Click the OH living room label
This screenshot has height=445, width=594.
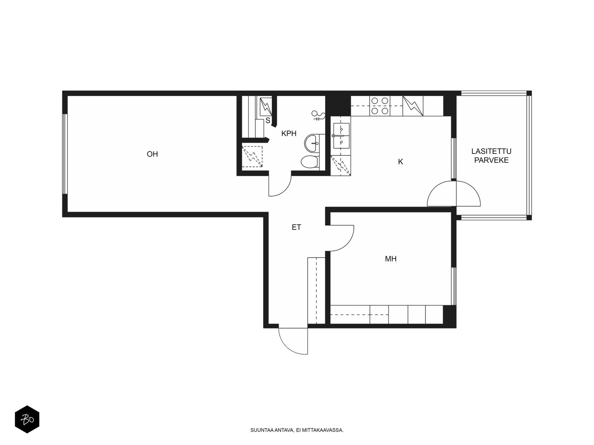(152, 154)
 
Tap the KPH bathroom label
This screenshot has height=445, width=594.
(289, 133)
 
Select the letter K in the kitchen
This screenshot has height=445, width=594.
(400, 162)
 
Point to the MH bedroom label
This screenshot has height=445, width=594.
(391, 259)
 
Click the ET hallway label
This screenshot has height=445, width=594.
(296, 228)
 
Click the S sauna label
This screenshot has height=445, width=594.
(268, 121)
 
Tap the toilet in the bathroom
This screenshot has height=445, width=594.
(309, 162)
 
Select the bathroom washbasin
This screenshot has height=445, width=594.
(312, 142)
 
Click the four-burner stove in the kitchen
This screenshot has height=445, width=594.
(380, 106)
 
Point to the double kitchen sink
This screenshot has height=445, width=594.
(340, 136)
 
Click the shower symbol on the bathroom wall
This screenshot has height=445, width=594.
(317, 116)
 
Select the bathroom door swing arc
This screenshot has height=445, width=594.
(280, 185)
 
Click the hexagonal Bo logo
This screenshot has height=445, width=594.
(27, 420)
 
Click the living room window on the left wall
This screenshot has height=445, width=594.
(65, 154)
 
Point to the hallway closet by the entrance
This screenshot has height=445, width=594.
(316, 290)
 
